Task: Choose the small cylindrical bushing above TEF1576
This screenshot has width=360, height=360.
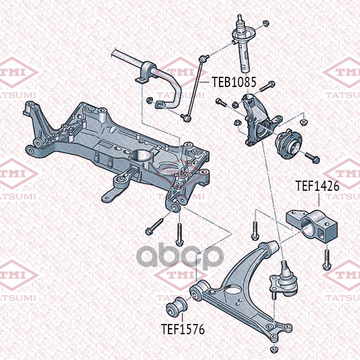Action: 176,307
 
